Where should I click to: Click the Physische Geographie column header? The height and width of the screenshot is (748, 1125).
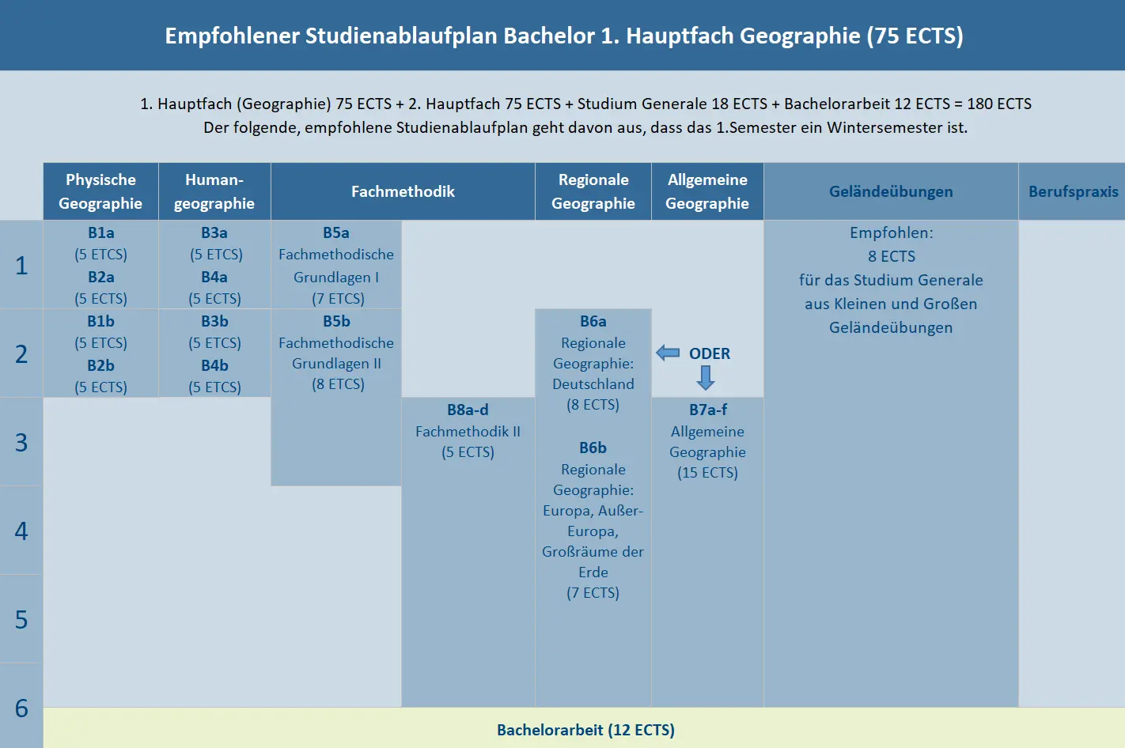(x=100, y=191)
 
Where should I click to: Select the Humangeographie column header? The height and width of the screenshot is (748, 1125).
(x=214, y=191)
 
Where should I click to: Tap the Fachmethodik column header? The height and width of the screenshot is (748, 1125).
(x=403, y=191)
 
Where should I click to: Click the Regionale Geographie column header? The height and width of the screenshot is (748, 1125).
(x=593, y=191)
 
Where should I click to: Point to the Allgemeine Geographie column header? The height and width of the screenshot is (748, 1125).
(x=707, y=191)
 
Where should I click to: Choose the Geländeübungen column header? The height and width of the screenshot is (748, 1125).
(x=891, y=191)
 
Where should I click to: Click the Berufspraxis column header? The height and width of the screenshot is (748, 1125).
(x=1073, y=191)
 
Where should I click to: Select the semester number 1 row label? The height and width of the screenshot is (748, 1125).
(x=21, y=266)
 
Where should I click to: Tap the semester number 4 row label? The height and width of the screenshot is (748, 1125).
(x=21, y=531)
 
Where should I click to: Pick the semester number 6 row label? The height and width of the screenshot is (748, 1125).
(x=21, y=708)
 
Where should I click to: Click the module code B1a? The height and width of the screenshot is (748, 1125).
(x=100, y=232)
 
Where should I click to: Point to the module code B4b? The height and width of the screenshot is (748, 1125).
(x=214, y=365)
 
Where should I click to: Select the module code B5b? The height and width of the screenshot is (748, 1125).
(x=336, y=321)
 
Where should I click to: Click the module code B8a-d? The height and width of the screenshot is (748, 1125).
(x=468, y=410)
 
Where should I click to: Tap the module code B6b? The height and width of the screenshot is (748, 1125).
(x=593, y=448)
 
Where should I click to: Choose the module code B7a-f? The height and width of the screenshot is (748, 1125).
(x=707, y=410)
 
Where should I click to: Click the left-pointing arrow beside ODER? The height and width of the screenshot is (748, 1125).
(x=669, y=353)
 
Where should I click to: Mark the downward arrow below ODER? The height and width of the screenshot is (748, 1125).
(x=706, y=378)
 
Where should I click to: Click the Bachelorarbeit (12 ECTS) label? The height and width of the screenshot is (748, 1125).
(x=585, y=730)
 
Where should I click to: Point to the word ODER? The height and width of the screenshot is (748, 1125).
(x=710, y=353)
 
